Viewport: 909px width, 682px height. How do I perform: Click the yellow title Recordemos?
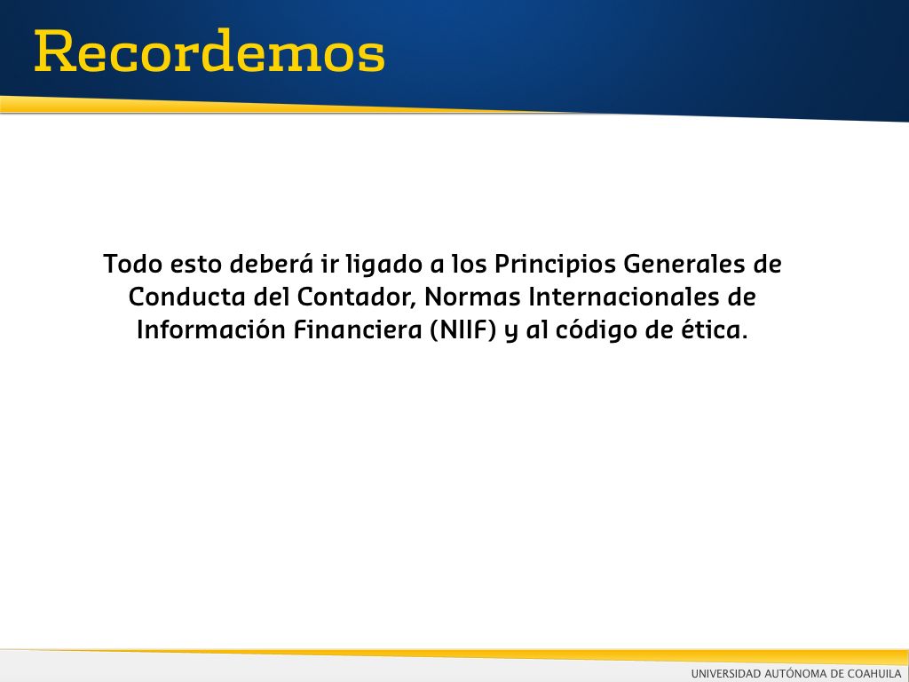click(209, 51)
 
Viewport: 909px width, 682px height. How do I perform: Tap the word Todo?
click(133, 264)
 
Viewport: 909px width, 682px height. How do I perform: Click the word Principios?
click(555, 266)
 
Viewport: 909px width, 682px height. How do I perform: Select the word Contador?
click(358, 297)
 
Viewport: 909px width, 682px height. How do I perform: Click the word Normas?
click(472, 297)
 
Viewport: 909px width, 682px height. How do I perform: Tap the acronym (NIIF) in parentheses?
click(463, 330)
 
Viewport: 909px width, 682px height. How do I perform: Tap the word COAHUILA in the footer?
click(874, 673)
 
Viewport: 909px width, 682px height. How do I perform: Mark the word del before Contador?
click(272, 297)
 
